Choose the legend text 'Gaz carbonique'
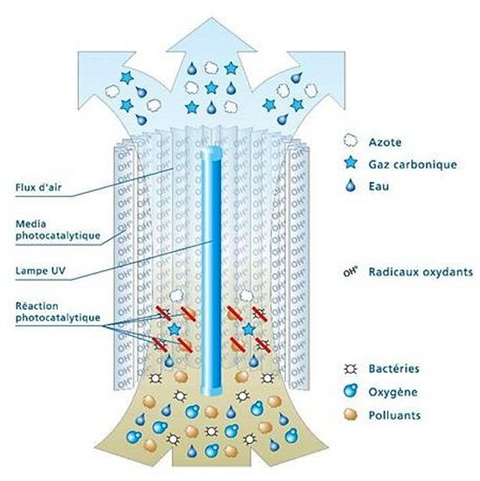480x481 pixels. tap(407, 166)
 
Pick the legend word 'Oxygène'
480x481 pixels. tap(391, 390)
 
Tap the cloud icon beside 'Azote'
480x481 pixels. tap(350, 143)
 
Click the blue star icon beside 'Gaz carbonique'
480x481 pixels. tap(350, 166)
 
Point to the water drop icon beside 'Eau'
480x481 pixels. tap(350, 188)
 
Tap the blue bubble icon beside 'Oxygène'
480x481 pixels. tap(350, 390)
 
